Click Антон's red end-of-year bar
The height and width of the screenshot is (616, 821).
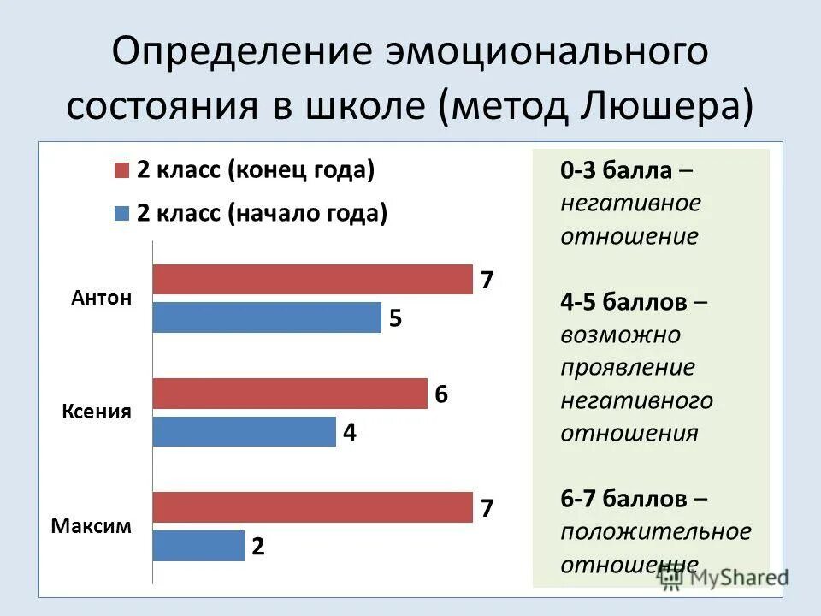312,280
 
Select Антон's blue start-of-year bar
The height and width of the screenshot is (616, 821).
267,318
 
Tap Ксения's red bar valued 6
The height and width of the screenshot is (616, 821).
289,394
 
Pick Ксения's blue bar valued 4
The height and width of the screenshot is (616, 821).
244,432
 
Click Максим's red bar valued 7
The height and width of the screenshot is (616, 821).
312,507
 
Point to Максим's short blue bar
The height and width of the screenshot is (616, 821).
198,546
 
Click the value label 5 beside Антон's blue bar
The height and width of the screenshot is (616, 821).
395,319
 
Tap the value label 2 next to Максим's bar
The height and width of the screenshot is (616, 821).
257,547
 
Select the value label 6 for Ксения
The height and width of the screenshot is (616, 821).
441,394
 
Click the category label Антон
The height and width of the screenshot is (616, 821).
102,299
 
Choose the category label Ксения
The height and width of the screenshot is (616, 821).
97,412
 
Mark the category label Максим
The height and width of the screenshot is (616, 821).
91,526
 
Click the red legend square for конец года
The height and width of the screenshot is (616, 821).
121,170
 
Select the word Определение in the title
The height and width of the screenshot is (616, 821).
230,53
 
